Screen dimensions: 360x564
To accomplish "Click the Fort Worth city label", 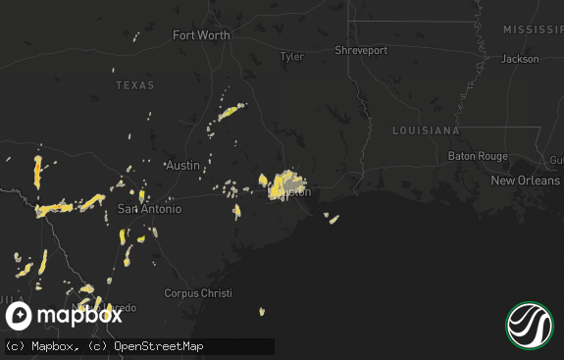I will point(201,35).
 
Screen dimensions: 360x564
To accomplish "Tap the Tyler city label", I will point(292,57).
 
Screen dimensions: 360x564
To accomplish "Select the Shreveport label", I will point(360,50).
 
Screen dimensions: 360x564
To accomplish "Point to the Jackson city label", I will point(520,59).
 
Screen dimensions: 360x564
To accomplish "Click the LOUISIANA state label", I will point(426,130).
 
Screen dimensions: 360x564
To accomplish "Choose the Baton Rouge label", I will point(478,156).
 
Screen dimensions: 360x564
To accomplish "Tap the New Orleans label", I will point(525,180).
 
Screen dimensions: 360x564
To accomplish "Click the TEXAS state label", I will point(135,85).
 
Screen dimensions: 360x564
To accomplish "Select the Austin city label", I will point(183,165).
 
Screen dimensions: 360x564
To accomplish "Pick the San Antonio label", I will point(149,209).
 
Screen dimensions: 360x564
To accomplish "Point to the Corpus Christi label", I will point(195,293).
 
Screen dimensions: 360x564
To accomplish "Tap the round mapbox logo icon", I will point(20,316).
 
